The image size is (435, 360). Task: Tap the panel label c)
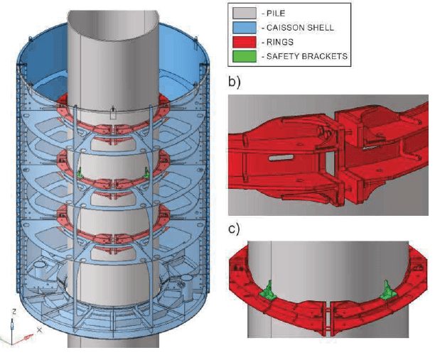click(x=234, y=228)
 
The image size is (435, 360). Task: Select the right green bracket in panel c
click(x=388, y=289)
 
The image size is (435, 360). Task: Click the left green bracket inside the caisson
click(x=81, y=173)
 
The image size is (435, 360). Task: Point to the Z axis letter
click(x=14, y=312)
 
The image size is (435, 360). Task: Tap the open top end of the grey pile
click(x=112, y=18)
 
